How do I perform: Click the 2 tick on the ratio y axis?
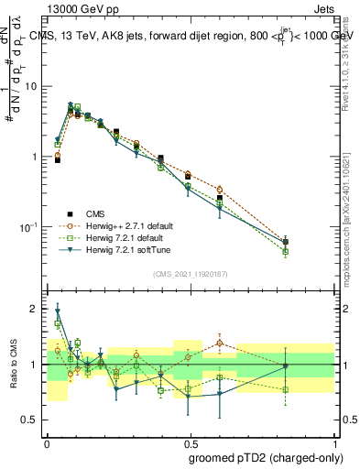click(36, 309)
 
